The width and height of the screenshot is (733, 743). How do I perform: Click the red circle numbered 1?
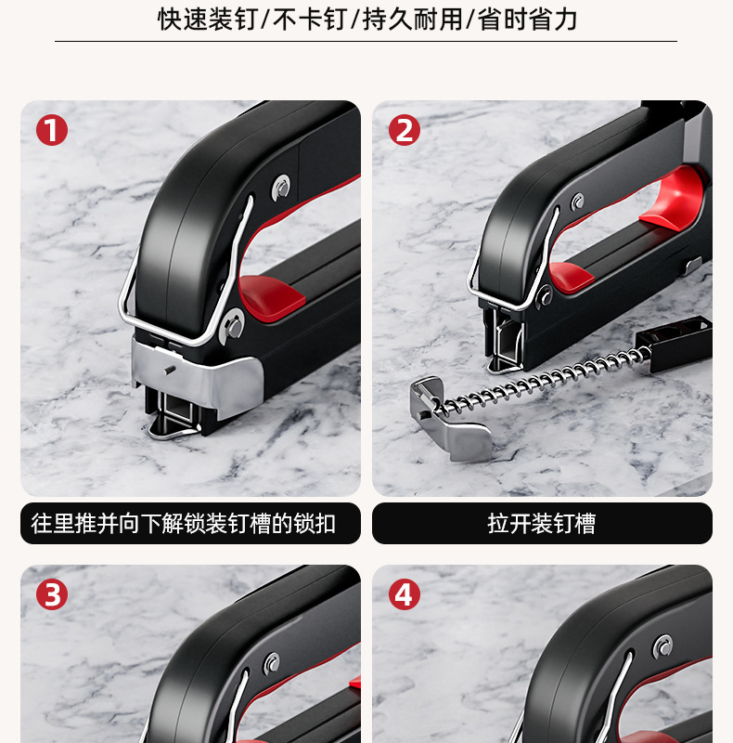(51, 130)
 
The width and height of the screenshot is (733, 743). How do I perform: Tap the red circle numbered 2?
(404, 130)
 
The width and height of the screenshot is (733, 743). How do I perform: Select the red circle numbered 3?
(51, 594)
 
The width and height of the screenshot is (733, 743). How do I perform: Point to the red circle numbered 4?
(404, 594)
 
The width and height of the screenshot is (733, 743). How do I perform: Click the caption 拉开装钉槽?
(542, 524)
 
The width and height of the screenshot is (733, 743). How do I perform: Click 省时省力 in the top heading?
(527, 20)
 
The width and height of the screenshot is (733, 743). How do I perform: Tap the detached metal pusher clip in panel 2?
(450, 418)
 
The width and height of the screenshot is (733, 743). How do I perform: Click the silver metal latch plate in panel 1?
(199, 376)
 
